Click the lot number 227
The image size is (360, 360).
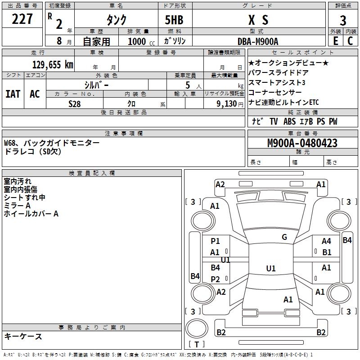22,19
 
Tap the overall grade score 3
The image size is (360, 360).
343,20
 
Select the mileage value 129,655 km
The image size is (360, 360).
53,65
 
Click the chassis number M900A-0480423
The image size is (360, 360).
302,143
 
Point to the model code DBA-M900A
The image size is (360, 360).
258,41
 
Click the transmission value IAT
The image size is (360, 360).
13,94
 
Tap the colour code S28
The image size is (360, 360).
75,103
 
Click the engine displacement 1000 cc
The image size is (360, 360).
141,41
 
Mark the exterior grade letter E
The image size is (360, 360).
335,41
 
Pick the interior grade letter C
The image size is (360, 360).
350,41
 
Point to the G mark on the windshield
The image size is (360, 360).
284,237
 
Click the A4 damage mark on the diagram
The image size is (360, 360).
326,242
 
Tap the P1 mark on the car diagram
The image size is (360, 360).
216,241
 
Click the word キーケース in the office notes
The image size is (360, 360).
23,336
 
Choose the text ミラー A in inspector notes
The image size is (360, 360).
17,206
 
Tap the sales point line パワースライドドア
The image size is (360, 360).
278,72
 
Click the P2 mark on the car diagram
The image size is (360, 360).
216,279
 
